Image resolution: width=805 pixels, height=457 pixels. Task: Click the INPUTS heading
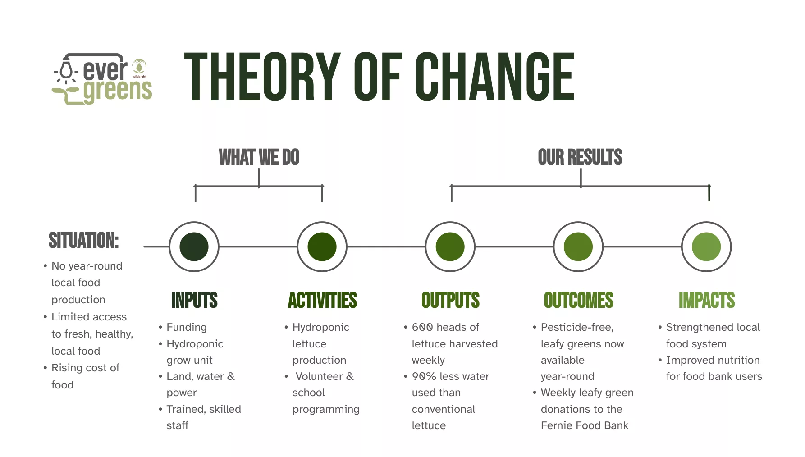194,300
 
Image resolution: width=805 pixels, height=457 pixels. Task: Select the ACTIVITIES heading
322,300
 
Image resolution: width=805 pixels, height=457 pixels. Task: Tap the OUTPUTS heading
450,300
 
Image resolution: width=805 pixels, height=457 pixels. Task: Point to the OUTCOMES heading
578,300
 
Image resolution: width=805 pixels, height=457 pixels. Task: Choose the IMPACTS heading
707,300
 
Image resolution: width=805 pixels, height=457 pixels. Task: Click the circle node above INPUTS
194,247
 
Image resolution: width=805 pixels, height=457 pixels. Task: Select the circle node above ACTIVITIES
322,247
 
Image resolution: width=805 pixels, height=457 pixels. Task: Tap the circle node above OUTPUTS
450,247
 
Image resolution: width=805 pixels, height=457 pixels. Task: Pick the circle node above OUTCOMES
578,247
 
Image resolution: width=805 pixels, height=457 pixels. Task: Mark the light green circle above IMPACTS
706,247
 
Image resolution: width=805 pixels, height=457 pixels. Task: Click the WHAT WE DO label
259,157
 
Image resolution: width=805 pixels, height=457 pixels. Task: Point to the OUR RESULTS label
580,157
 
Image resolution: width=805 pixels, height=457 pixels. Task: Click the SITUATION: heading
84,240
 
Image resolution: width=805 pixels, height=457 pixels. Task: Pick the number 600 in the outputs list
422,327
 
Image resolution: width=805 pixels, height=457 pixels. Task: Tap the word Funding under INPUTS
187,328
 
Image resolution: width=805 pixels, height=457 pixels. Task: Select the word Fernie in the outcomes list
555,425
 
